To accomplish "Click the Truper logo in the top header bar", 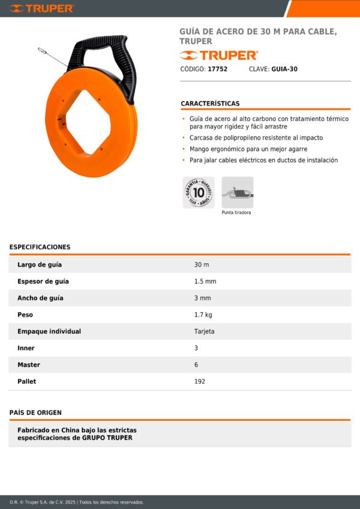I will click(41, 8).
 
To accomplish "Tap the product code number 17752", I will click(217, 69).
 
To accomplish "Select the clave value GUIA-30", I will click(284, 69).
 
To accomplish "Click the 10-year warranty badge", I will click(198, 192).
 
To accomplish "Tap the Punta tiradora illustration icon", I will click(237, 192).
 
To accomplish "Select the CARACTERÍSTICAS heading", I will click(210, 104).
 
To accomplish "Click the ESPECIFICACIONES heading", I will click(40, 247).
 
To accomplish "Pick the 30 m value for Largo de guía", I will click(202, 264).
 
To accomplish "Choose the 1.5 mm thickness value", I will click(205, 281).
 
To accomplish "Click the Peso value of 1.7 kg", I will click(203, 315).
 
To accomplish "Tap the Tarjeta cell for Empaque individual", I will click(204, 332).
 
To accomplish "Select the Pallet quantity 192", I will click(200, 381).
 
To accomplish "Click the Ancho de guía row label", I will click(40, 298).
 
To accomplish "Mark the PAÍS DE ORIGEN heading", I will click(35, 412).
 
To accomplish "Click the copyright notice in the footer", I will click(77, 502).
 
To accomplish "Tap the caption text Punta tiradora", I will click(236, 213).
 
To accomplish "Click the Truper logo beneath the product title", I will click(218, 55).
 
